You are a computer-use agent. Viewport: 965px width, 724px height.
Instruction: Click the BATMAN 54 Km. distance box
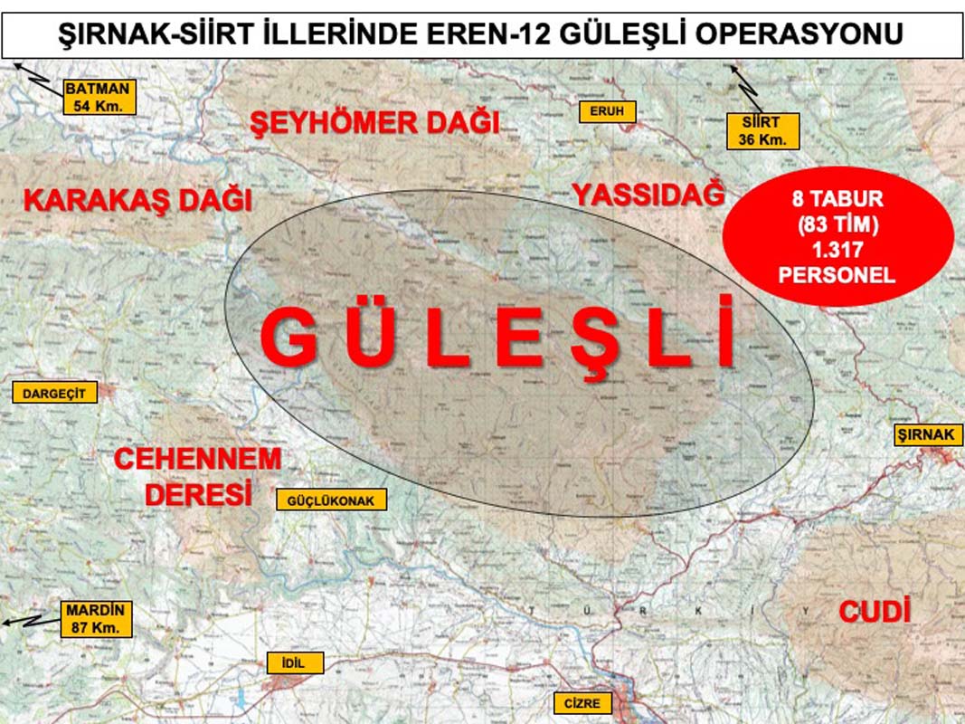(x=99, y=96)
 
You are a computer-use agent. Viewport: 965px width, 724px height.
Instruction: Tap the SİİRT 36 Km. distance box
(x=764, y=130)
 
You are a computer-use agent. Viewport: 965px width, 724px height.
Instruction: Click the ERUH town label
(x=608, y=111)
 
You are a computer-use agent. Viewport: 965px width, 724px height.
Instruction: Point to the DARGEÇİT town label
(x=52, y=393)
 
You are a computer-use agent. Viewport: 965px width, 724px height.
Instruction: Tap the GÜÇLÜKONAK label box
(x=332, y=500)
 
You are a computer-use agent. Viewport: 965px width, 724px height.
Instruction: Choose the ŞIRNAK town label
(x=925, y=434)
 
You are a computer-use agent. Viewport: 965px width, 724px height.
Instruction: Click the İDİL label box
(x=296, y=663)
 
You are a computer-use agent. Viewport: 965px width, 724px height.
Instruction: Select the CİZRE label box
(x=582, y=703)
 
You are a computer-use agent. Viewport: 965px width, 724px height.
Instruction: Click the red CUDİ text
(x=874, y=612)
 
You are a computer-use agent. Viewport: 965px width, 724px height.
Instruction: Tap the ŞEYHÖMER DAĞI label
(x=374, y=122)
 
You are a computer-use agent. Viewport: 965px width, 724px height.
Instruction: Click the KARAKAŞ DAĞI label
(x=137, y=199)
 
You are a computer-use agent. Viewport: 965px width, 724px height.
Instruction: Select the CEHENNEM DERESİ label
(x=197, y=476)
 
